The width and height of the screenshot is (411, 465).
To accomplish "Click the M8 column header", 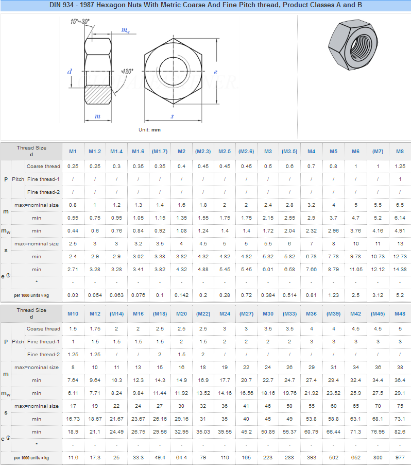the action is pyautogui.click(x=400, y=151).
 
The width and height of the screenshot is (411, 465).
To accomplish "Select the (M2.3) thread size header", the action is pyautogui.click(x=203, y=151).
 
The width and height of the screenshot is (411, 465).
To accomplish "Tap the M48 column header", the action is pyautogui.click(x=400, y=314).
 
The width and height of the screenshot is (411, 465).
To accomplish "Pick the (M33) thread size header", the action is pyautogui.click(x=289, y=314).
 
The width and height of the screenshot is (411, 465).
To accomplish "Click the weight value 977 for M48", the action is pyautogui.click(x=400, y=458).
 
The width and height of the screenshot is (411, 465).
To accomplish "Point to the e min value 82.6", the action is pyautogui.click(x=400, y=432).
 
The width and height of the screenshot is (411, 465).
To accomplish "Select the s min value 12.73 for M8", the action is pyautogui.click(x=400, y=257).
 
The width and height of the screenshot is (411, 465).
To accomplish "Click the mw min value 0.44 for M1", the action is pyautogui.click(x=73, y=231).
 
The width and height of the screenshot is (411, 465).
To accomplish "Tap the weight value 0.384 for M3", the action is pyautogui.click(x=268, y=295).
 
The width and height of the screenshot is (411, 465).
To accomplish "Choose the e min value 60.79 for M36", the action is pyautogui.click(x=311, y=432).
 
